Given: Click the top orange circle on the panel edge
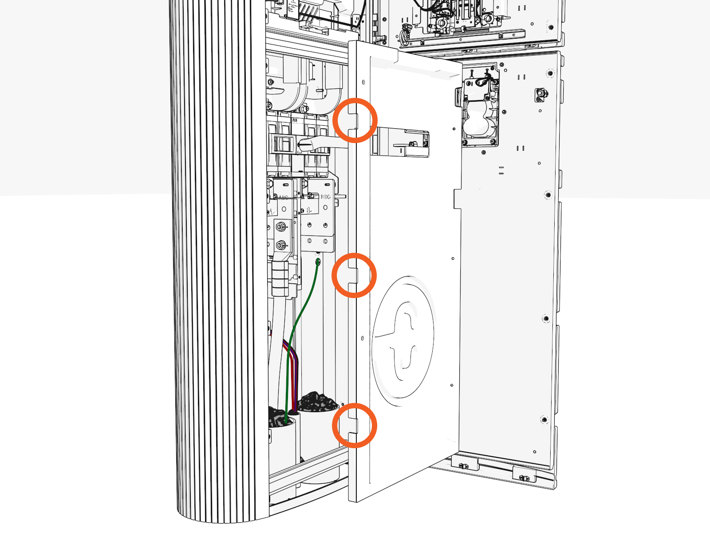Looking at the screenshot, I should pos(355,120).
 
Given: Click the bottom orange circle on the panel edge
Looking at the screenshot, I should pos(355,426).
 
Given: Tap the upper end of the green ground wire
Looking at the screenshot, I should pos(318,262).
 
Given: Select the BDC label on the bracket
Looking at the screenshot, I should pos(325,197).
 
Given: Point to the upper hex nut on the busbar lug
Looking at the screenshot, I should pos(280,227).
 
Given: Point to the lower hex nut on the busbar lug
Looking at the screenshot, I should pos(280,245).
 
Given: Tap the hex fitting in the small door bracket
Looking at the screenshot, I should pos(541,94).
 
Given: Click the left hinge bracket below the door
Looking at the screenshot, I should pos(463,466).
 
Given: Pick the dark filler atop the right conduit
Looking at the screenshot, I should pos(318,402).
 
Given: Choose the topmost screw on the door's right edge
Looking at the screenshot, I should pos(550,72).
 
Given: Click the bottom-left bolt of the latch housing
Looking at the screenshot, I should pos(465,143).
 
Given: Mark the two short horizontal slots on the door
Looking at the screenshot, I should pos(501,170).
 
